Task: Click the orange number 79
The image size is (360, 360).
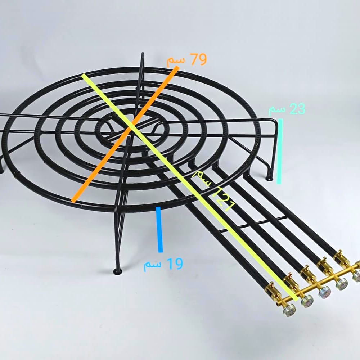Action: [199, 59]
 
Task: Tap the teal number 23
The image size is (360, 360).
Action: [298, 109]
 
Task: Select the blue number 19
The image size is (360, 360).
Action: [175, 264]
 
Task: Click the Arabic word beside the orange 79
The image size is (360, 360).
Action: [176, 61]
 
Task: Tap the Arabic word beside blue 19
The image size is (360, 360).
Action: [152, 265]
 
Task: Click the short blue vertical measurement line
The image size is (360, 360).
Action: [159, 229]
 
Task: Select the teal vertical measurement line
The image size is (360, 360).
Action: [280, 151]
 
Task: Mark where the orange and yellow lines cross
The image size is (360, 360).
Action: [131, 125]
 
